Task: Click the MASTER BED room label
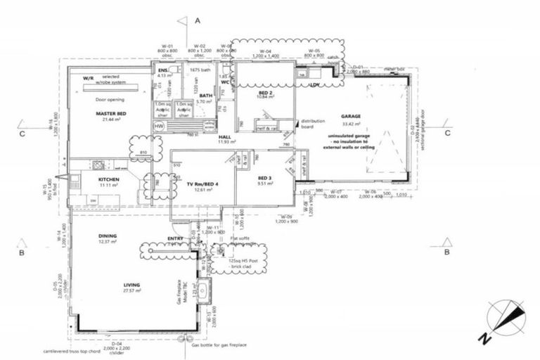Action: click(111, 113)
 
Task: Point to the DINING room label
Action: click(107, 236)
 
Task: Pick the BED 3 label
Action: click(264, 178)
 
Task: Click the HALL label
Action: click(225, 137)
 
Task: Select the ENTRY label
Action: click(175, 238)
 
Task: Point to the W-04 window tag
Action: click(265, 51)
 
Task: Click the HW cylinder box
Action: click(159, 126)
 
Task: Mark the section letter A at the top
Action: click(198, 21)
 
